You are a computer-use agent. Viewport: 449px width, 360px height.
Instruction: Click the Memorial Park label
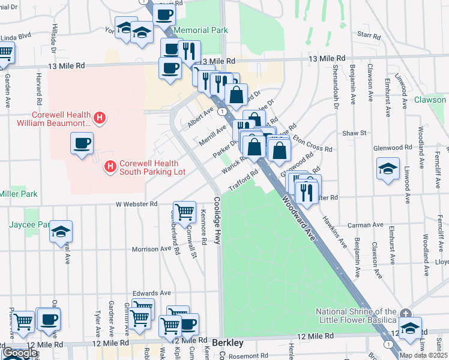click(x=200, y=30)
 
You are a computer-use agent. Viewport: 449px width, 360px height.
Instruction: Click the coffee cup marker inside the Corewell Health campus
click(x=82, y=143)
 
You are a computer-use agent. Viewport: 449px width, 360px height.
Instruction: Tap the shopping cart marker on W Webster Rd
click(x=184, y=211)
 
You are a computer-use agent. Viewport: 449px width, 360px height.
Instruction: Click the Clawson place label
click(x=430, y=100)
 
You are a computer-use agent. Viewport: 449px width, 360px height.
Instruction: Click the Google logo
click(x=20, y=353)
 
